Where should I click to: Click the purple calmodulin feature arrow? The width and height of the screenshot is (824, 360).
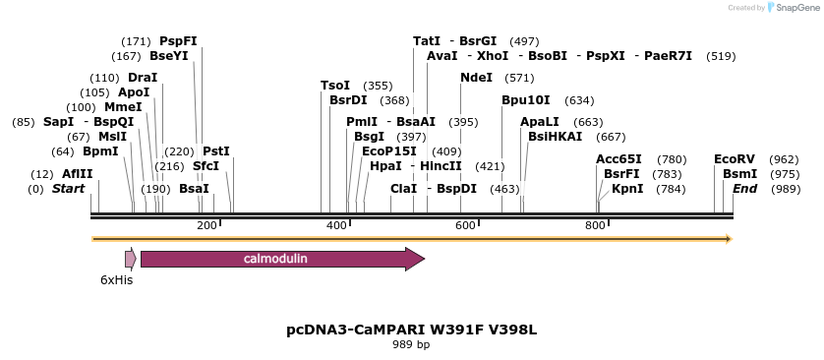tap(281, 259)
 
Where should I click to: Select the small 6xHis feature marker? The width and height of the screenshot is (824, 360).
tap(130, 259)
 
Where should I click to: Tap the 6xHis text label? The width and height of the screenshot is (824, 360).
tap(116, 280)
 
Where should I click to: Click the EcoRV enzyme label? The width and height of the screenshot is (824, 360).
tap(735, 158)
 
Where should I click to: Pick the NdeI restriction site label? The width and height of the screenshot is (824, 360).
tap(477, 78)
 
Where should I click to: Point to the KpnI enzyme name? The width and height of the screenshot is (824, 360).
tap(627, 188)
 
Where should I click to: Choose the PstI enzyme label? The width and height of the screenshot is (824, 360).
tap(215, 151)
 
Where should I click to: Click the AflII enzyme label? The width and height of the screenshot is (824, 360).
tap(78, 173)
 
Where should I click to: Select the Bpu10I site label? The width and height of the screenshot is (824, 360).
tap(526, 100)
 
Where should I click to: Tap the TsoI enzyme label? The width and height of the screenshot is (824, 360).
tap(335, 86)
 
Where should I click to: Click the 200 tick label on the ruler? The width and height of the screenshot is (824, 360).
tap(206, 226)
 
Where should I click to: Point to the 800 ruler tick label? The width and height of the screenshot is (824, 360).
tap(595, 226)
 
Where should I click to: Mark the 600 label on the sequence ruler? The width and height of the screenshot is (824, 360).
tap(465, 226)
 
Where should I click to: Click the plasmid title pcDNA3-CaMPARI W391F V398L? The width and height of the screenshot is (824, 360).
tap(411, 329)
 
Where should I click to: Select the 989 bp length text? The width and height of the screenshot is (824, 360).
tap(411, 344)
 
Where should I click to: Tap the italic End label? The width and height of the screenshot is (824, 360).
tap(744, 188)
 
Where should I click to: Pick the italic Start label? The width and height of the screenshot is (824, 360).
tap(69, 188)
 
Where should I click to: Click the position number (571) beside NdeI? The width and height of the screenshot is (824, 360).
tap(519, 78)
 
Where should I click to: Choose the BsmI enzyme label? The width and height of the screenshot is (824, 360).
tap(740, 173)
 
